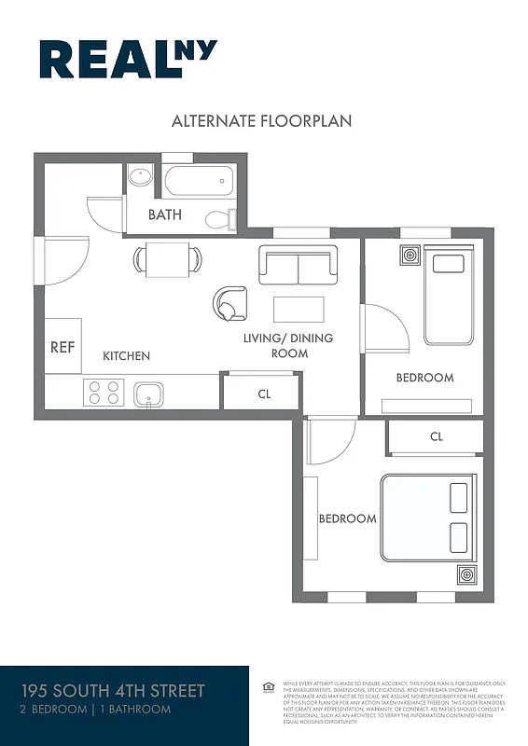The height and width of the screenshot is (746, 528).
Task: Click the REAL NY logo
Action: (x=128, y=60)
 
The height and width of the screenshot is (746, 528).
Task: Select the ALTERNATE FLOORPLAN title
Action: (x=261, y=121)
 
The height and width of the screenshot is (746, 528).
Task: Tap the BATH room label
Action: (x=165, y=215)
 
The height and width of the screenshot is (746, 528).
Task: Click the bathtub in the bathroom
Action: (x=198, y=179)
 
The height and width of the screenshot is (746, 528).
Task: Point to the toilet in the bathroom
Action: (x=220, y=219)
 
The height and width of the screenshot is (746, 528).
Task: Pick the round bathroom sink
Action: (x=140, y=176)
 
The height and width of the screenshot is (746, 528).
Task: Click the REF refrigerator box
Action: (x=63, y=347)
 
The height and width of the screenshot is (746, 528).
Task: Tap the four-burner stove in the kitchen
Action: (x=104, y=393)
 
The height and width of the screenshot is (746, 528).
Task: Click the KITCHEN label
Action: (x=126, y=356)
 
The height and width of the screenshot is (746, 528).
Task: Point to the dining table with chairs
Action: (x=168, y=257)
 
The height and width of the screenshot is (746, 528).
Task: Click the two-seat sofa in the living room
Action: (x=298, y=266)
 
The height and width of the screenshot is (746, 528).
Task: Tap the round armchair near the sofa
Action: (x=229, y=303)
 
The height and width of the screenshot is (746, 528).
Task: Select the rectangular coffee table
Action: (x=299, y=309)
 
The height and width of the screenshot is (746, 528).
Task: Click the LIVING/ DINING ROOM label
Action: (x=288, y=345)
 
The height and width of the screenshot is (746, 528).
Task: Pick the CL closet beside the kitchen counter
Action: (x=263, y=394)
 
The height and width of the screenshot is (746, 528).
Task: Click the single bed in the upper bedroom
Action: (x=449, y=294)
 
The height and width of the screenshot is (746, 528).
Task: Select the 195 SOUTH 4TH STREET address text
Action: (x=113, y=691)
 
